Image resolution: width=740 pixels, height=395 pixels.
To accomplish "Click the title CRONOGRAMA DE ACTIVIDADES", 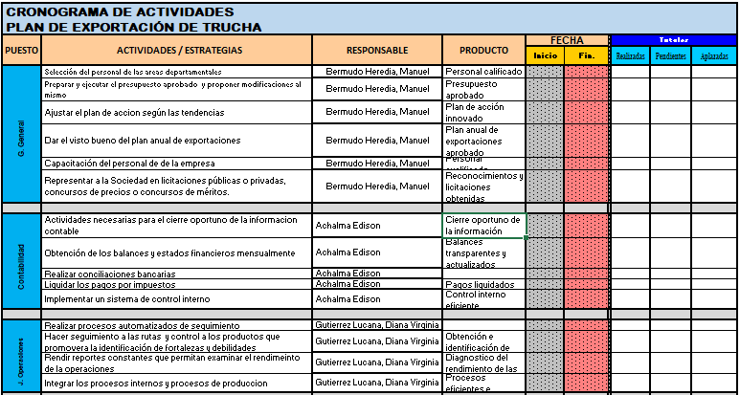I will pos(120,11).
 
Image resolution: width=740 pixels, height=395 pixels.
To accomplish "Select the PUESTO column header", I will pos(20,50).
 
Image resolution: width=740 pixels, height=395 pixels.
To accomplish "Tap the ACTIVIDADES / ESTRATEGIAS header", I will pos(178,50).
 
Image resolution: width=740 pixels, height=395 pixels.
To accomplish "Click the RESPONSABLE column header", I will pos(377,50).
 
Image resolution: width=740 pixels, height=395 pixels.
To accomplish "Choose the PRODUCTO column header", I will pos(483,50).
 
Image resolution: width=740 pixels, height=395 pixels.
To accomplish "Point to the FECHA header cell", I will pos(566,40).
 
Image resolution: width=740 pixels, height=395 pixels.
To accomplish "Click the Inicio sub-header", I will pos(545,56).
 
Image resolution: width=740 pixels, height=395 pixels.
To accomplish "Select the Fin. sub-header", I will pos(586,56).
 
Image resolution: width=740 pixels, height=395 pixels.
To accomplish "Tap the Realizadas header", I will pos(631,56).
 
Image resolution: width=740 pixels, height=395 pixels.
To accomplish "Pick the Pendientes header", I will pos(670,56).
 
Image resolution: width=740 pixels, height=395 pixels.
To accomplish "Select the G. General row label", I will pos(20,134).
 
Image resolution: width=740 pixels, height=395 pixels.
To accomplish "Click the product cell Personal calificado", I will pos(483,72).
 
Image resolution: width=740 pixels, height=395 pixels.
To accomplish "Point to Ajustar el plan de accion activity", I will pos(134,112).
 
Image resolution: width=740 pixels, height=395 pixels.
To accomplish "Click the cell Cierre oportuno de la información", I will pos(483,226).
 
